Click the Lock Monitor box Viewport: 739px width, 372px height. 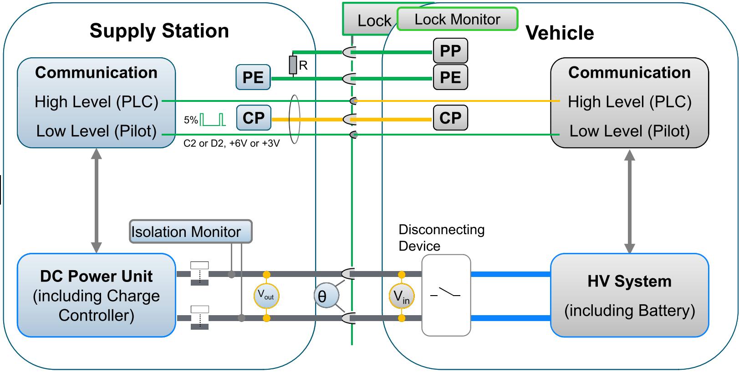(x=457, y=19)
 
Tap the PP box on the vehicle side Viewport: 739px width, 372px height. (x=450, y=51)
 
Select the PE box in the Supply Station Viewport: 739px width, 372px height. (x=253, y=77)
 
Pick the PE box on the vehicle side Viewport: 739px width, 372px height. (x=450, y=77)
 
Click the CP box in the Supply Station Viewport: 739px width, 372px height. (x=254, y=118)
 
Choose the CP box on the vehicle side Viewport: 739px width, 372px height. (x=450, y=118)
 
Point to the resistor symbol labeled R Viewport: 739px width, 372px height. (x=293, y=65)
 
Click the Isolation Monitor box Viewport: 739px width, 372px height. (x=190, y=231)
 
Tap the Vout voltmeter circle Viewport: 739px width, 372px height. (x=266, y=296)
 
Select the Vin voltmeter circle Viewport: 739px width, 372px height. (x=401, y=297)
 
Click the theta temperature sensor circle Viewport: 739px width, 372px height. (x=326, y=296)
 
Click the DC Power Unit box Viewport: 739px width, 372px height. (x=96, y=295)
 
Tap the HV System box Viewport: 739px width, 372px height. (x=629, y=295)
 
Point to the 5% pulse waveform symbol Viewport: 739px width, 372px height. (x=213, y=119)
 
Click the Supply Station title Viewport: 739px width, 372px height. (x=159, y=31)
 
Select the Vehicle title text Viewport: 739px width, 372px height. (x=560, y=33)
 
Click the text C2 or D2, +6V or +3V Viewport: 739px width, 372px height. (x=231, y=144)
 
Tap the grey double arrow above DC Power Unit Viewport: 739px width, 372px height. (x=96, y=201)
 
